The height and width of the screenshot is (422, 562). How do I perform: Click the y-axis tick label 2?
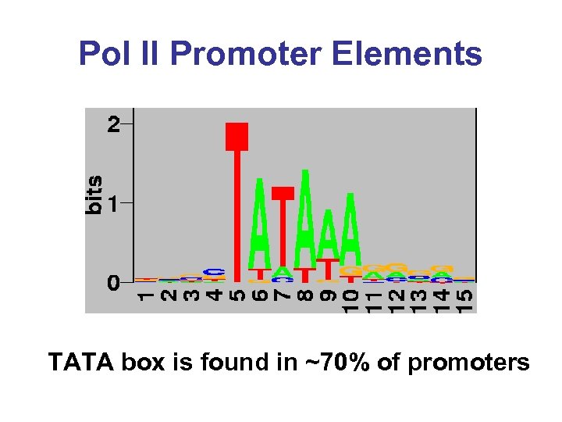(x=115, y=124)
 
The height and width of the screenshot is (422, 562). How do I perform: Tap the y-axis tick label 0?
(x=115, y=282)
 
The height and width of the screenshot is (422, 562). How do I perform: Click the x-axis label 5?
(x=237, y=298)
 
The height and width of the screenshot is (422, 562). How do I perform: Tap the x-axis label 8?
(x=305, y=298)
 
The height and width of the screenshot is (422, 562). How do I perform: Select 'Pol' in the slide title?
(x=105, y=55)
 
